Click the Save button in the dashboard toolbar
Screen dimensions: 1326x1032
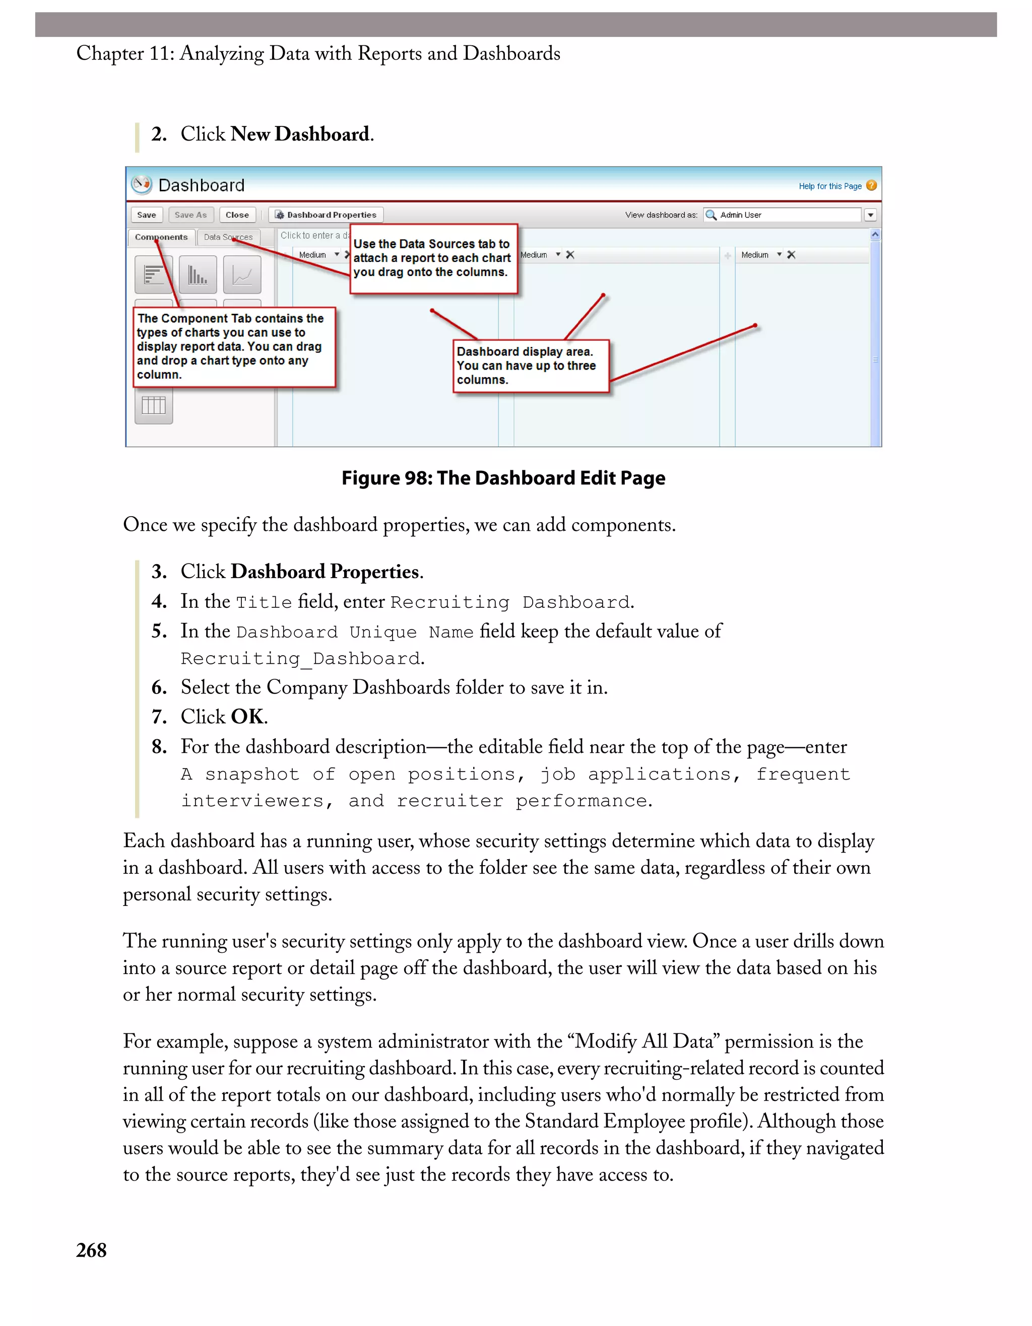(x=147, y=215)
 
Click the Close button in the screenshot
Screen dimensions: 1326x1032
(x=237, y=215)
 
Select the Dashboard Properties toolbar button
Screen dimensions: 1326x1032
(x=326, y=215)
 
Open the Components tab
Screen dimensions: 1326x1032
(x=161, y=237)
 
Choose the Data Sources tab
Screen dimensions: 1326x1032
(x=228, y=237)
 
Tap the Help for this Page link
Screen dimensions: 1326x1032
(x=830, y=186)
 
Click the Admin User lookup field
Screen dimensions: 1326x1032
(x=784, y=215)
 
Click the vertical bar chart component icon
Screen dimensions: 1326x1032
(x=198, y=275)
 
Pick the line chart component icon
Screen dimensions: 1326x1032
(x=242, y=275)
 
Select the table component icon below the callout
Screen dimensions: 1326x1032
(x=154, y=405)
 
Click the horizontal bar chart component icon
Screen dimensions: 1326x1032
(x=153, y=275)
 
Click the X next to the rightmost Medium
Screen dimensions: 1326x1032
(x=791, y=255)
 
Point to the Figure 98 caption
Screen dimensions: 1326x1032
(x=503, y=478)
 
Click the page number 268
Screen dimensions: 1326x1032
(x=91, y=1250)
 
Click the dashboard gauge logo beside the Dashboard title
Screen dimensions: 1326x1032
(x=142, y=184)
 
